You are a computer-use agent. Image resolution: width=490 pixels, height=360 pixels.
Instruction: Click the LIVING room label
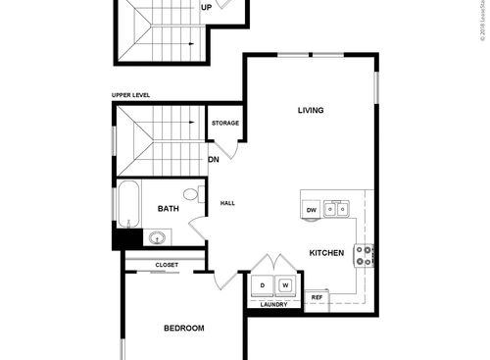coord(311,110)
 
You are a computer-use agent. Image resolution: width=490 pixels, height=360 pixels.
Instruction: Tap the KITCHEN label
coord(326,253)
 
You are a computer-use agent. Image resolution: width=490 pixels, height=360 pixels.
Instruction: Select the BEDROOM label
coord(183,328)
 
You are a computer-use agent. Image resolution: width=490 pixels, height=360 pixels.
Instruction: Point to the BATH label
coord(169,208)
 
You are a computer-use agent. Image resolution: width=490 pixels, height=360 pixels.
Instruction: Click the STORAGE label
coord(225,124)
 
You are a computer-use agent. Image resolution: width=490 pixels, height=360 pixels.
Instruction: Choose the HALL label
coord(227,203)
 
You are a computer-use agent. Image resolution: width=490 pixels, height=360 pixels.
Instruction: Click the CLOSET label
coord(166,265)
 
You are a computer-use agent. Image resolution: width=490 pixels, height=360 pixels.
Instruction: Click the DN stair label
coord(213,159)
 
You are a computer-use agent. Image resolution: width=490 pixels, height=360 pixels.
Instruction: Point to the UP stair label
coord(206,7)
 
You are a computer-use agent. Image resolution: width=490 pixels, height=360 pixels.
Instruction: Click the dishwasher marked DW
coord(311,210)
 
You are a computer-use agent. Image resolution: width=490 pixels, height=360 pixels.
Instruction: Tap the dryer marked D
coord(262,285)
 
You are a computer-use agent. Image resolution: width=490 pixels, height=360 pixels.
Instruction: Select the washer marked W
coord(286,285)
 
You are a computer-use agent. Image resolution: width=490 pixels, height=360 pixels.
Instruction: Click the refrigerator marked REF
coord(318,296)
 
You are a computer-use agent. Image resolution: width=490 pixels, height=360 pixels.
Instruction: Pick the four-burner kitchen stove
coord(364,255)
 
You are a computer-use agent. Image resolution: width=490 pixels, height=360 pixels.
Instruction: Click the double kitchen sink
coord(339,208)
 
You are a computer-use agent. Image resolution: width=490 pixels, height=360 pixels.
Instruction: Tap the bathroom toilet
coord(192,193)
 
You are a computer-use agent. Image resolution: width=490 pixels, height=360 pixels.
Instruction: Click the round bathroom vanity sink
coord(156,236)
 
